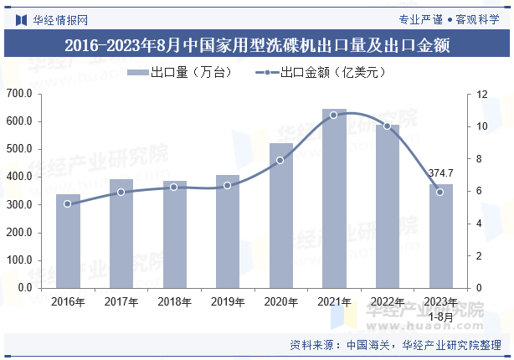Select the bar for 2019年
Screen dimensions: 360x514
228,232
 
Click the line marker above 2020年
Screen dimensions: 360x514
280,160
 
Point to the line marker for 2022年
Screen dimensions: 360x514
387,126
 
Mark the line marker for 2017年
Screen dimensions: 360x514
121,192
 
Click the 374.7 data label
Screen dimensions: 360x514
440,173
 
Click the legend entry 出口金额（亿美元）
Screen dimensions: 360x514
322,73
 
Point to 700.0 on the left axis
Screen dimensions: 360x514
18,94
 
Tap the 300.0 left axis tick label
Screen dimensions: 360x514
18,205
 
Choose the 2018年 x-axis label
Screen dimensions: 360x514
174,302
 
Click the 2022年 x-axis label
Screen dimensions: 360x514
387,302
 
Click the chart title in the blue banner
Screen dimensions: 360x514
257,45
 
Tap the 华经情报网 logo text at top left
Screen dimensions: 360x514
52,18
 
